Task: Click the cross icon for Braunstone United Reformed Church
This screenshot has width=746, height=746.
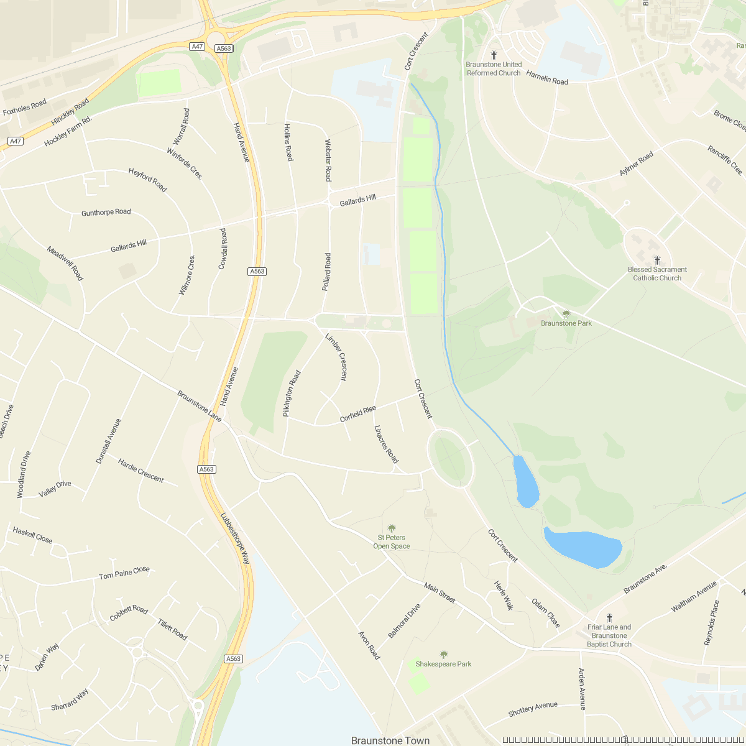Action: click(x=494, y=55)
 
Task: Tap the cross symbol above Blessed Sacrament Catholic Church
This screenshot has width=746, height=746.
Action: click(x=657, y=260)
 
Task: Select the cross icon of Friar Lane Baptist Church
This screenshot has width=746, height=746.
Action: click(x=609, y=618)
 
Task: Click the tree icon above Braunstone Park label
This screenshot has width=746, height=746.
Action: click(x=566, y=315)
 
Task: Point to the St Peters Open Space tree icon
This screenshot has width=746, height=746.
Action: click(x=392, y=528)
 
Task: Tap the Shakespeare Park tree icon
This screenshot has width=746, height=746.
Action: click(x=444, y=655)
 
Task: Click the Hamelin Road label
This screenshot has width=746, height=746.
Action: click(x=547, y=78)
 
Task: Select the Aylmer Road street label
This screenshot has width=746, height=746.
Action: click(x=637, y=164)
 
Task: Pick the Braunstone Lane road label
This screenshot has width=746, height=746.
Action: click(x=199, y=406)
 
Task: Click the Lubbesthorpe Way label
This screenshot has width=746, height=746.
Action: click(x=235, y=538)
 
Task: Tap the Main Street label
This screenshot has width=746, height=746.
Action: click(x=440, y=593)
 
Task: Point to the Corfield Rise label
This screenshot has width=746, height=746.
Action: click(x=357, y=414)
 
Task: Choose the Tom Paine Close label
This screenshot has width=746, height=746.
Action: click(x=124, y=573)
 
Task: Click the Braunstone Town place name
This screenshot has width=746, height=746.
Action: click(x=390, y=740)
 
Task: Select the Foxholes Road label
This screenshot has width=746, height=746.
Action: click(x=25, y=108)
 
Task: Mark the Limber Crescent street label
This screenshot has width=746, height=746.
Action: click(x=336, y=357)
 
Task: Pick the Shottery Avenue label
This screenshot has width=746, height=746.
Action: click(x=533, y=709)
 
